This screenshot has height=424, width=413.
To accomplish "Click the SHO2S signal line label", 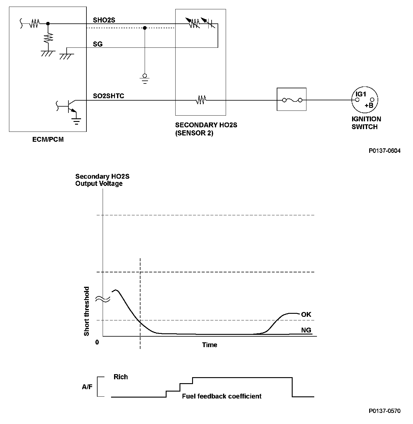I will pos(104,20).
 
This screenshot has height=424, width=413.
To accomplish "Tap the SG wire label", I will pos(98,44).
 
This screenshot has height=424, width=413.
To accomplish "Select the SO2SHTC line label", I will pos(108,96).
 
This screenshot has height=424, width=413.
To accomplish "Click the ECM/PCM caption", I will pos(48,140).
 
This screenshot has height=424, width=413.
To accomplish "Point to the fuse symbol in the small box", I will pos(291,100).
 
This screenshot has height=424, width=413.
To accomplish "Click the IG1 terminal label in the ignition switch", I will pos(361,94).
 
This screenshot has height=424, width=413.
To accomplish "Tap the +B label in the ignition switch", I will pos(369,105).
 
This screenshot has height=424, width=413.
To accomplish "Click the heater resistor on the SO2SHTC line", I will pos(201,100).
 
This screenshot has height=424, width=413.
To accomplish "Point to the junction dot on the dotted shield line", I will pos(145,28).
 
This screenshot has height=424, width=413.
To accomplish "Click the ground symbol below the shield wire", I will pos(145,78).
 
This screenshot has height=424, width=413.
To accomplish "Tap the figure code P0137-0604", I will pos(384,151).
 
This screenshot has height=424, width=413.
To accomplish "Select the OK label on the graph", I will pos(306,314).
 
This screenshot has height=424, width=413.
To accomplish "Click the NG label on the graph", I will pos(306,330).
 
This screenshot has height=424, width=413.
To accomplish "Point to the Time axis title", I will pos(210,345).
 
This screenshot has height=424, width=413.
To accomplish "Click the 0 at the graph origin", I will pos(97,342).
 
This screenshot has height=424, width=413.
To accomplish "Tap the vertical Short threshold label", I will pos(87,311).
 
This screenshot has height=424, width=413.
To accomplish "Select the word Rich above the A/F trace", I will pos(121,377).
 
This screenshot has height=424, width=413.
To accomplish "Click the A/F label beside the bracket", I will pos(87,387).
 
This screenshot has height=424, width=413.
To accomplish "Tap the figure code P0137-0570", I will pos(384,411).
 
